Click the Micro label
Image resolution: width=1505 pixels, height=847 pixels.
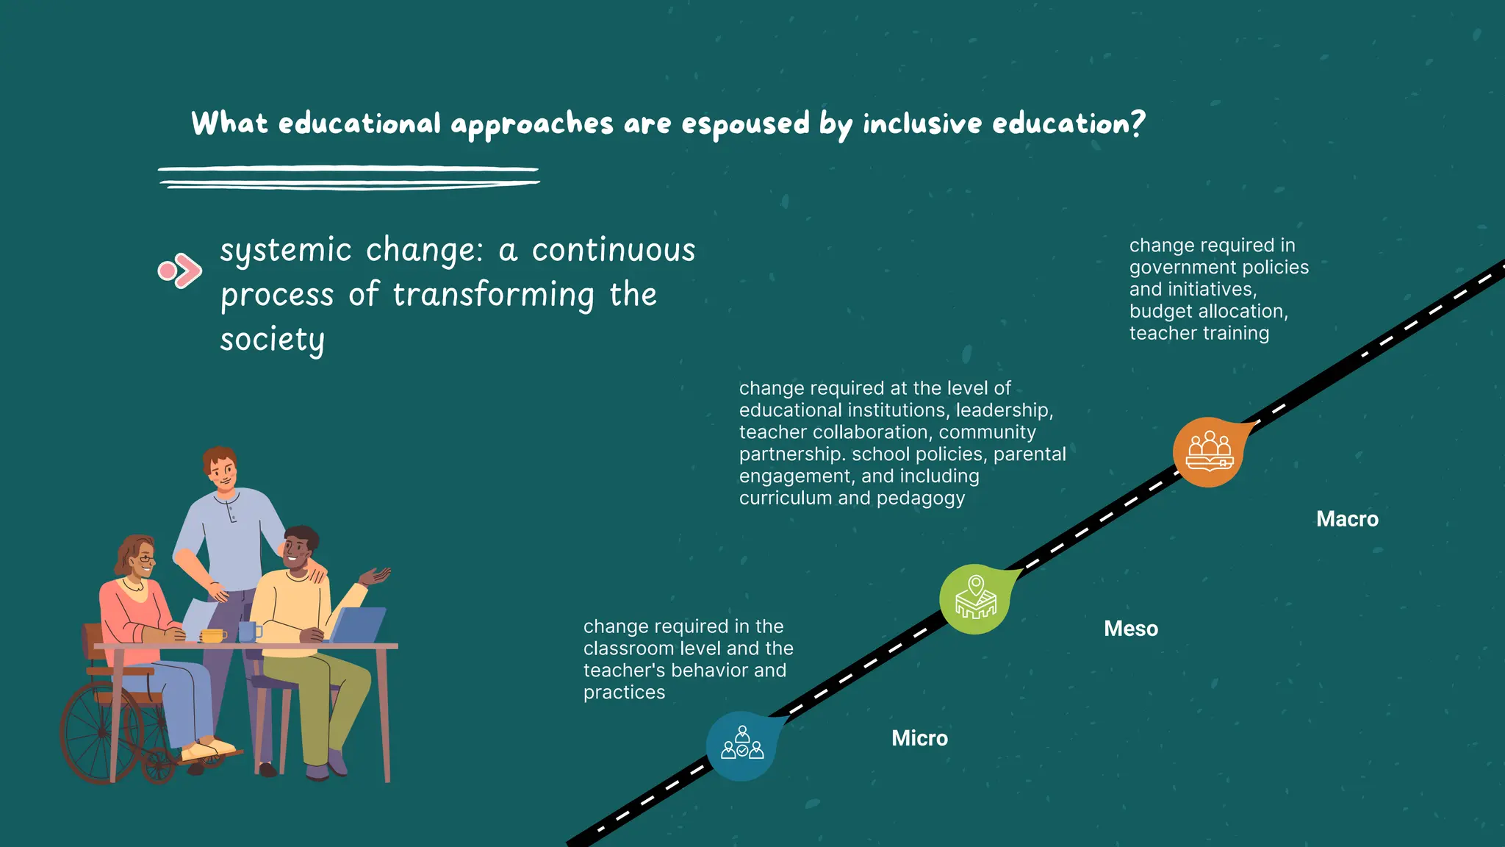pos(919,737)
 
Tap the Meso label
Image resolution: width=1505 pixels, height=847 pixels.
pos(1130,629)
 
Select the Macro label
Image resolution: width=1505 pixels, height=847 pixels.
pos(1347,519)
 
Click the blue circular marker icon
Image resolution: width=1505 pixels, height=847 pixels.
pos(741,746)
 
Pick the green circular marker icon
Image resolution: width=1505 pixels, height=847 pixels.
pos(975,599)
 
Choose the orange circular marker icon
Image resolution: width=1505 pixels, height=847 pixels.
pos(1208,452)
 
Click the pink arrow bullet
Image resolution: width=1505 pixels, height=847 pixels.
pos(179,271)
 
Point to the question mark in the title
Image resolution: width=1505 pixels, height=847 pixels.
pos(1138,124)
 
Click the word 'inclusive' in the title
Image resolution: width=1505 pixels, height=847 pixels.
pos(922,124)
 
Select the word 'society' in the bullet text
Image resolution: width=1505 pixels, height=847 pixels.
pos(272,340)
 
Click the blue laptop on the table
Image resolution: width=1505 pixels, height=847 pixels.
pos(359,625)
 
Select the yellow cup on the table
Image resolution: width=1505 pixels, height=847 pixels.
pos(212,635)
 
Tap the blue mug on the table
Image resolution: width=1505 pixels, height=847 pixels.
pos(248,632)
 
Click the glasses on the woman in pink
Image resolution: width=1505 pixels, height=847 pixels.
pos(146,560)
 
